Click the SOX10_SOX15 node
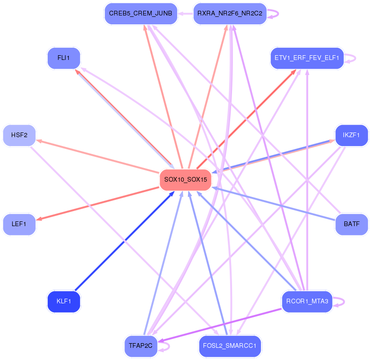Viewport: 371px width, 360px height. [185, 180]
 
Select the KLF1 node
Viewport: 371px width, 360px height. [64, 301]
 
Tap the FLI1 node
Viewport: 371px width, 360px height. [64, 58]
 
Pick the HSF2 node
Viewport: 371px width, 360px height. [19, 135]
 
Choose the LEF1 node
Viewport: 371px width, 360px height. [19, 224]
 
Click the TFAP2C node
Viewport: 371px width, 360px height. [141, 346]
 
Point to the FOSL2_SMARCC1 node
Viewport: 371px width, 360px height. [230, 346]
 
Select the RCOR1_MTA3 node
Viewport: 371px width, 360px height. [307, 301]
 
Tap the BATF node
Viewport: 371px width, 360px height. [352, 224]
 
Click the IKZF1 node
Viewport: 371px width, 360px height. [352, 135]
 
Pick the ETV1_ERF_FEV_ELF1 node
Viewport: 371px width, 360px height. [307, 58]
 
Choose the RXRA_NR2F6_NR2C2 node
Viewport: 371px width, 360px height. [230, 14]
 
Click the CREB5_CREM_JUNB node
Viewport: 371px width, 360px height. [141, 14]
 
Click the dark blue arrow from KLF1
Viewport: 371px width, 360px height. [125, 241]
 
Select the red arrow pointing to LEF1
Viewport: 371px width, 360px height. [97, 204]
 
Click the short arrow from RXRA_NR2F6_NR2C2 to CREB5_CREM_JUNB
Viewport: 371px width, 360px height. [185, 14]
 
